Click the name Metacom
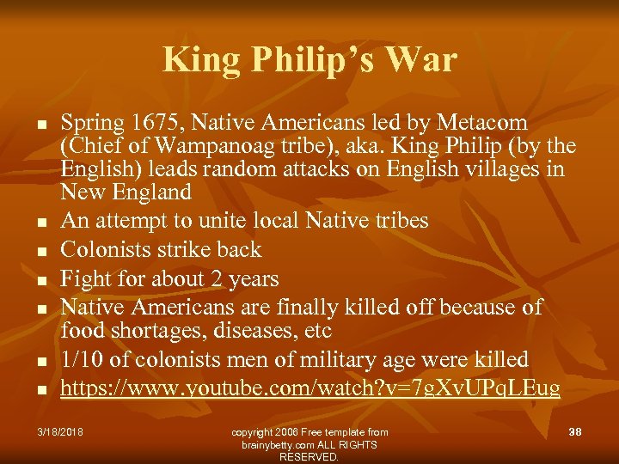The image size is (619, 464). click(481, 124)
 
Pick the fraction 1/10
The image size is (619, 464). click(84, 359)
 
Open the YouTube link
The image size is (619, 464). click(310, 388)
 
